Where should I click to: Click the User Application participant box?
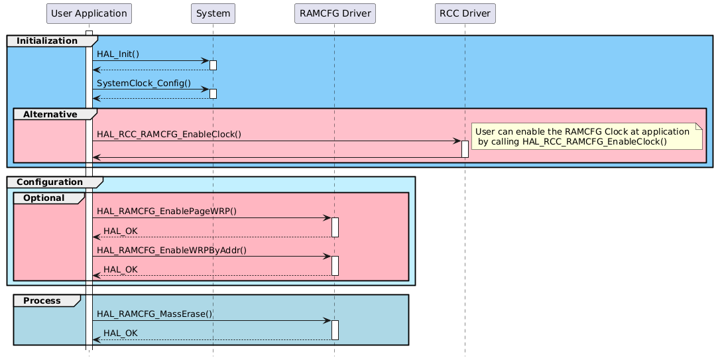click(x=89, y=13)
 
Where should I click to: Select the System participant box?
click(x=213, y=13)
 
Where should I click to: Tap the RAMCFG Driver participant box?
click(x=334, y=13)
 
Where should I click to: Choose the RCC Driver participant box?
click(x=465, y=13)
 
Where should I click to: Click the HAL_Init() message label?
click(x=118, y=53)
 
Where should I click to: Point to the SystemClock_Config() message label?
click(x=144, y=84)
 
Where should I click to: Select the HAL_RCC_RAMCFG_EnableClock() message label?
click(x=168, y=134)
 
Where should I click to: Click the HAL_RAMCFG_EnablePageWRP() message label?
click(x=166, y=211)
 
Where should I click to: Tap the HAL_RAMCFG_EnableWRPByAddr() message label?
click(x=171, y=249)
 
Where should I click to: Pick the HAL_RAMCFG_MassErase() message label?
click(x=154, y=313)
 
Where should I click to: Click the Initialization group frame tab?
click(x=46, y=41)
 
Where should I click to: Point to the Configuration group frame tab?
click(x=50, y=182)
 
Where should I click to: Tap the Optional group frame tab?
click(x=44, y=198)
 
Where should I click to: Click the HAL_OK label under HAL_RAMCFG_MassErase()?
click(x=121, y=333)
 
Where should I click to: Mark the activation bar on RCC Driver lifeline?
click(x=465, y=149)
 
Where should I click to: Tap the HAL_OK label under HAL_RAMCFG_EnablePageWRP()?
click(x=121, y=231)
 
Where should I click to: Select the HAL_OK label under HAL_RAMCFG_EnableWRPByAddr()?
click(x=121, y=269)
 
